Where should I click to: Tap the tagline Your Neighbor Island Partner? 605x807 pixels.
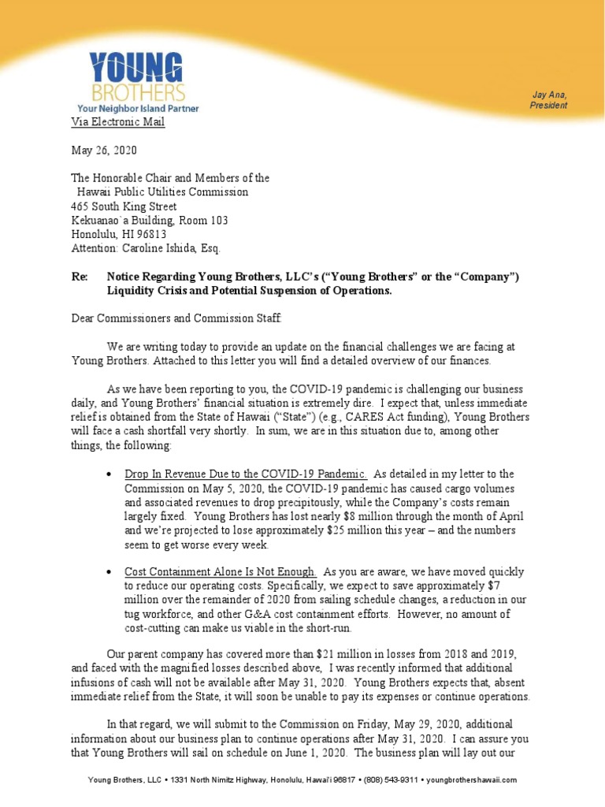pyautogui.click(x=138, y=108)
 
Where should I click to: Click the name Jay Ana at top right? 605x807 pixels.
pyautogui.click(x=549, y=95)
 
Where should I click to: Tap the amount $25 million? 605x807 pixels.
pyautogui.click(x=350, y=530)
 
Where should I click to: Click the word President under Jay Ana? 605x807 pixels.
pyautogui.click(x=549, y=106)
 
